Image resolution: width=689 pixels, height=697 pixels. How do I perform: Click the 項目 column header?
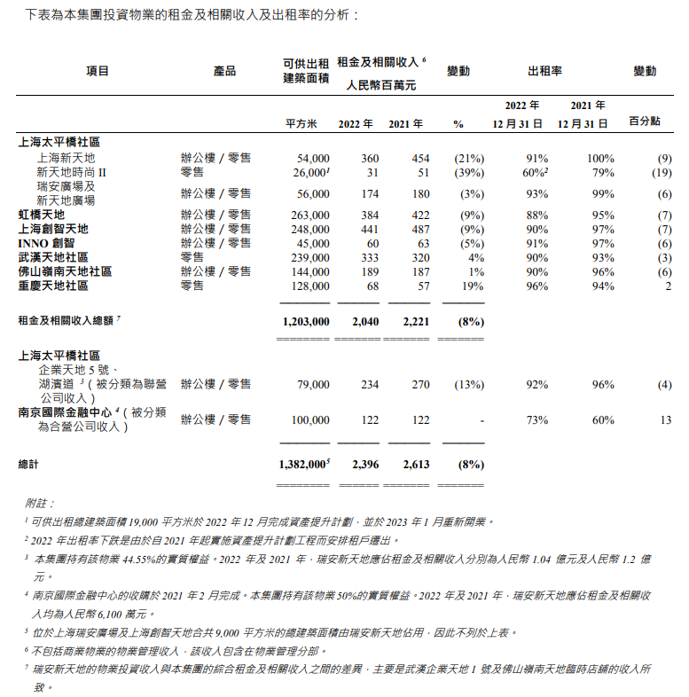point(97,71)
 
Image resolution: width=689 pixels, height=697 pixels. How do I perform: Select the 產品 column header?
point(225,71)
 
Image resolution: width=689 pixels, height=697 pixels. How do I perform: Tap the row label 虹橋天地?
point(42,215)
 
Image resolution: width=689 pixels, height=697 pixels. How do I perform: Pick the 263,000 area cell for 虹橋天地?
point(309,215)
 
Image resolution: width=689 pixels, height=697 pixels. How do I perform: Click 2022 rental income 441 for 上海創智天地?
point(369,229)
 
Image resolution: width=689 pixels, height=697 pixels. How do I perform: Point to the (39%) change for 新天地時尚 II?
point(468,172)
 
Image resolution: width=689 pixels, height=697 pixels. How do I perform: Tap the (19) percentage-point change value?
point(662,172)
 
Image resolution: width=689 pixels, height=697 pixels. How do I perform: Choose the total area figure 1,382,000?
point(302,463)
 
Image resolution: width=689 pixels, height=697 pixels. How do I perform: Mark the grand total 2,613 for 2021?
point(416,463)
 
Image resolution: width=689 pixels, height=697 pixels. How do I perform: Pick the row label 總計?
point(29,464)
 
